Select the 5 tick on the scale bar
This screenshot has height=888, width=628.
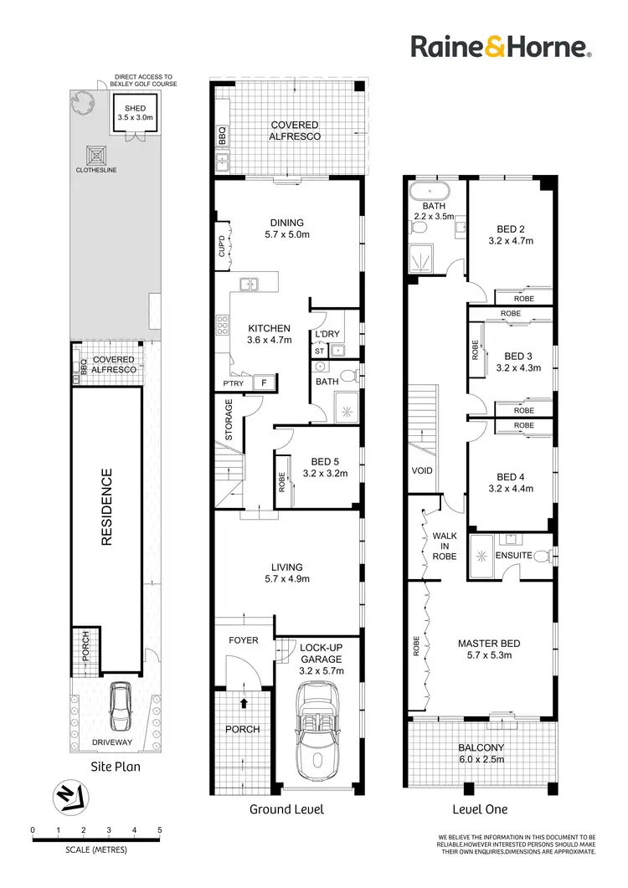[160, 831]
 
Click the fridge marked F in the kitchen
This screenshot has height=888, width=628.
[265, 383]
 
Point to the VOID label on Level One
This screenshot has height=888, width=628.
[422, 470]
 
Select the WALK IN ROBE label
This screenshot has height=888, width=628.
[445, 546]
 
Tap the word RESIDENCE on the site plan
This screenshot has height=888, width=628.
[106, 507]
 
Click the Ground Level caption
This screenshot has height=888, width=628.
[286, 809]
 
